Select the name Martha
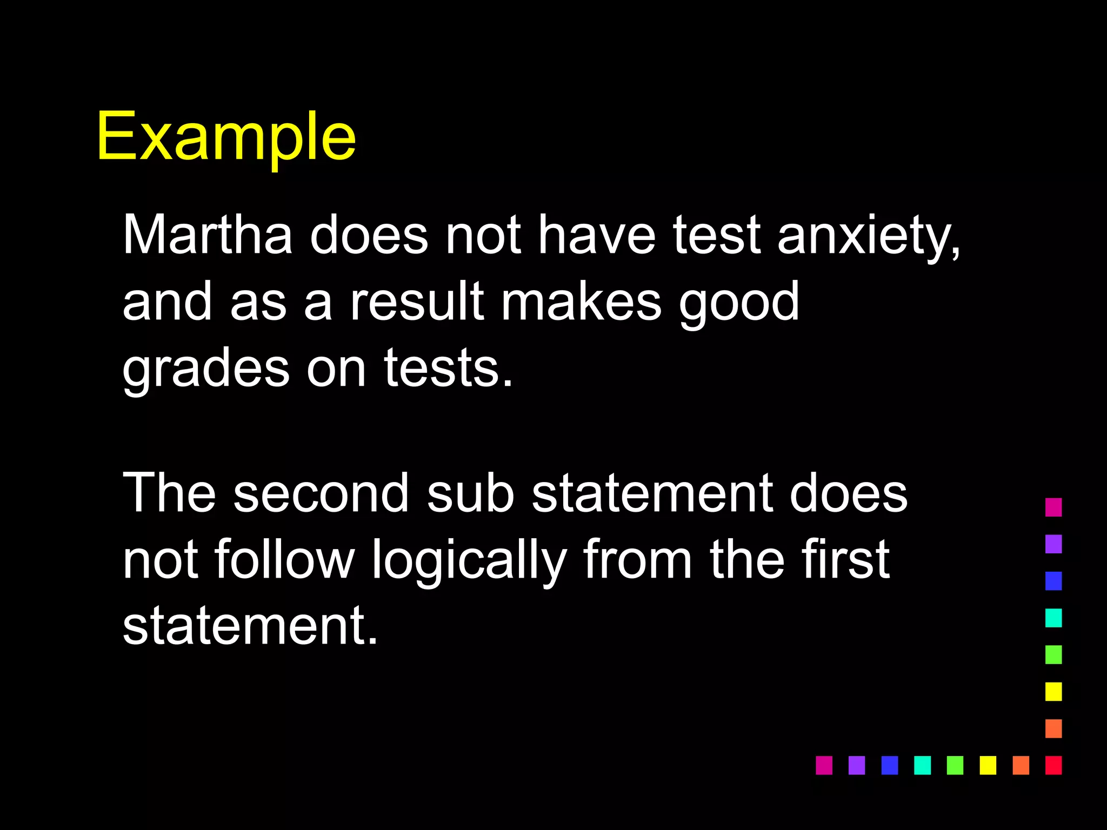pos(208,235)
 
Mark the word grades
pos(206,370)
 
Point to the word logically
pos(469,562)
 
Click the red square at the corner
pos(1053,765)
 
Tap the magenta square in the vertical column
pos(1053,507)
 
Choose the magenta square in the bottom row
pos(824,765)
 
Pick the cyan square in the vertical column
pos(1053,618)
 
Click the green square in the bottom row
pos(955,765)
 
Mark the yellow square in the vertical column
pos(1053,692)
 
